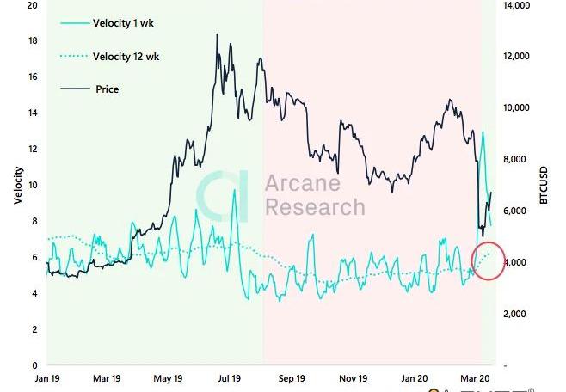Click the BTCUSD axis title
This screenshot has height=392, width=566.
coord(543,185)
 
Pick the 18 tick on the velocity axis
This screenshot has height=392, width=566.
coord(32,41)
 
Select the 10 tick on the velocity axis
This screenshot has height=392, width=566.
coord(32,185)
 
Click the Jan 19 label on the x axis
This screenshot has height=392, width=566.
coord(46,377)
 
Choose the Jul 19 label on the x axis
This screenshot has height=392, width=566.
coord(229,377)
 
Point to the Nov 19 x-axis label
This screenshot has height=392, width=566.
coord(354,377)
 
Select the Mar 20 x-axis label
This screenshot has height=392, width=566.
coord(475,377)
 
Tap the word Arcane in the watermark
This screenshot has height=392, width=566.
coord(302,183)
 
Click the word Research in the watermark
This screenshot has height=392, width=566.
coord(314,207)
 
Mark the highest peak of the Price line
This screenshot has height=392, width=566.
coord(217,35)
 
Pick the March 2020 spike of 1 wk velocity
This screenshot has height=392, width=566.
coord(483,133)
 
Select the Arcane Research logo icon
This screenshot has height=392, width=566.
coord(223,196)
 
